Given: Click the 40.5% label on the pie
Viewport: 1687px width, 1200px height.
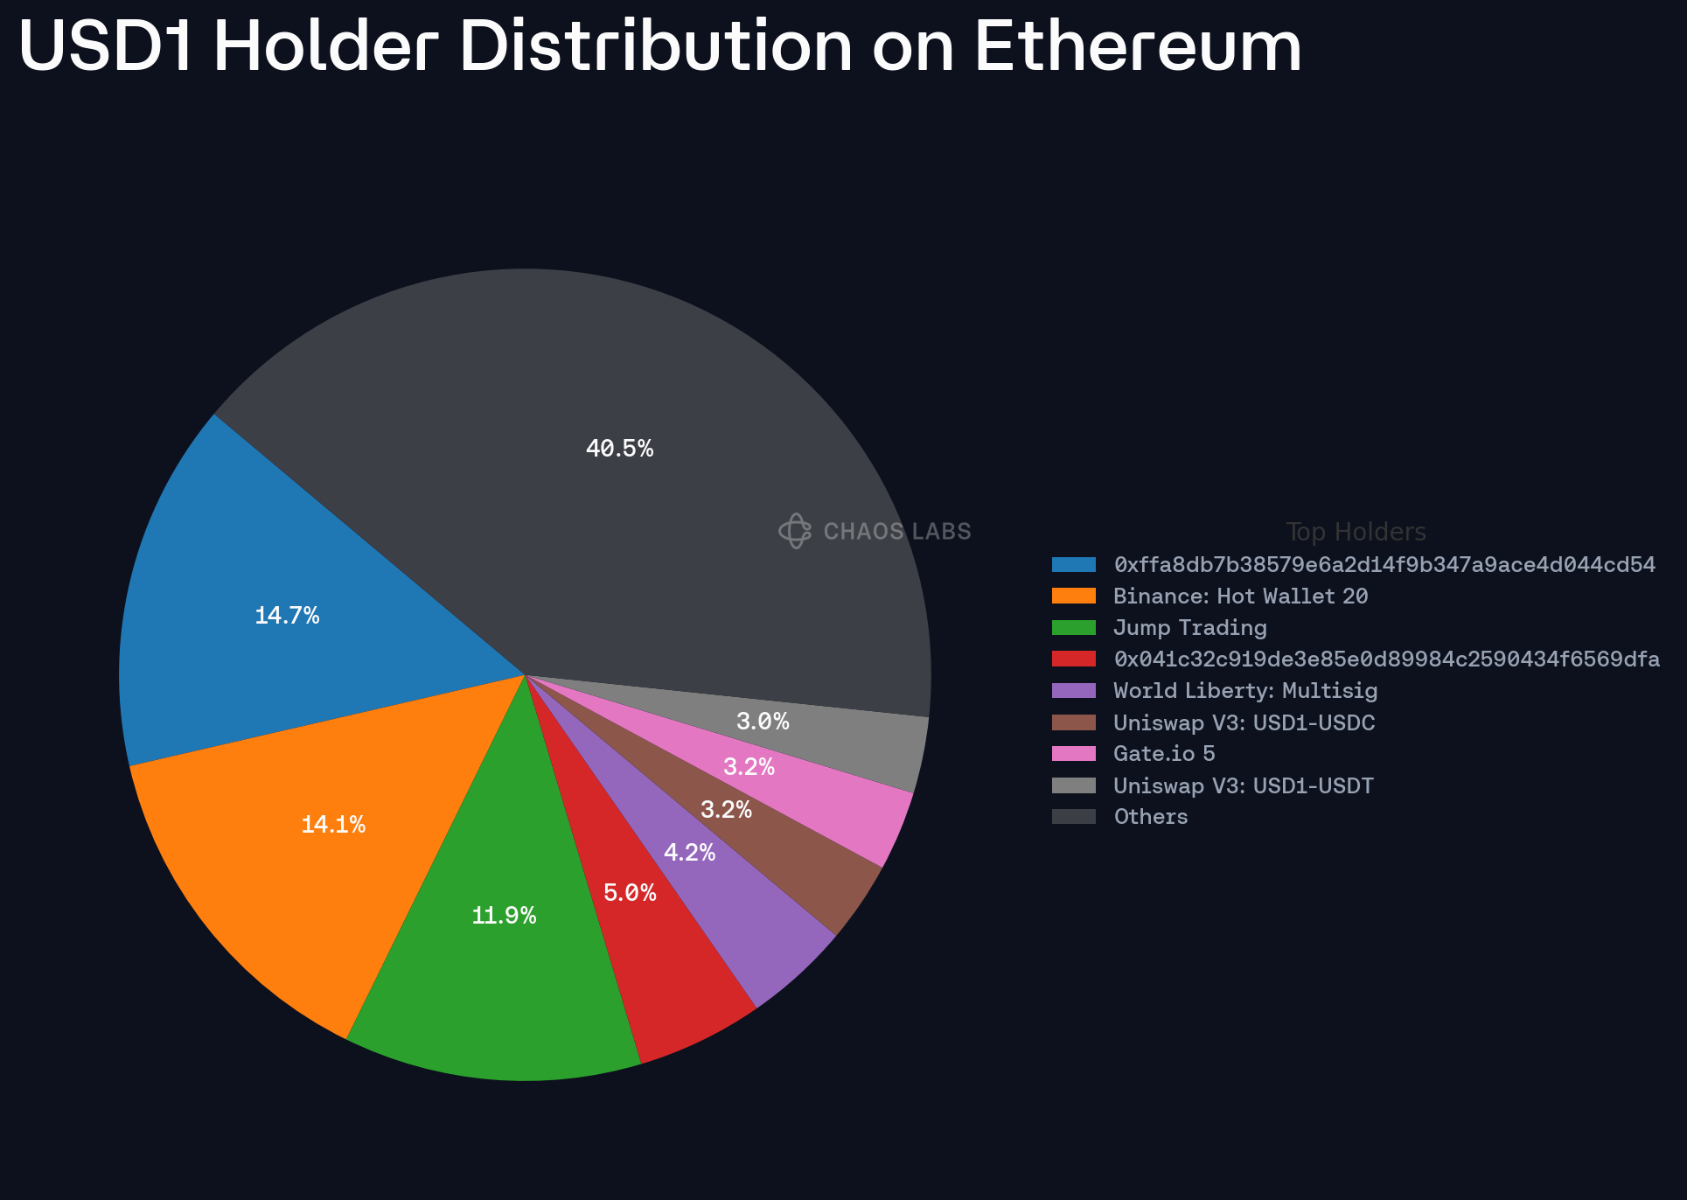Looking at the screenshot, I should pyautogui.click(x=619, y=449).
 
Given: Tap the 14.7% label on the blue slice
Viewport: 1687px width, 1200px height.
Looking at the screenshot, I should pyautogui.click(x=287, y=616).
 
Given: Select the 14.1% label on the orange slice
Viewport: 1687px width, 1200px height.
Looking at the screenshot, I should pyautogui.click(x=333, y=824).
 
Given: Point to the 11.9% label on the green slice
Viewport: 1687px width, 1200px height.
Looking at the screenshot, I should pyautogui.click(x=504, y=916).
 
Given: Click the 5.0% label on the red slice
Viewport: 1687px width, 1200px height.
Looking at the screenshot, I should pyautogui.click(x=630, y=893).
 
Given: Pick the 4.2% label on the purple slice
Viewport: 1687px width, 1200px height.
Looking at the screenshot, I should pyautogui.click(x=689, y=853).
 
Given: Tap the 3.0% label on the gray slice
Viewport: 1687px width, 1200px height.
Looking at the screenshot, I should pyautogui.click(x=763, y=722).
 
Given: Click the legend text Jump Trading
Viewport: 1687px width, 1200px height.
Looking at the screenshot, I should pyautogui.click(x=1189, y=628).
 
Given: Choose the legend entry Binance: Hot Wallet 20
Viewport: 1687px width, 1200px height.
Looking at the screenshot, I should pyautogui.click(x=1240, y=597).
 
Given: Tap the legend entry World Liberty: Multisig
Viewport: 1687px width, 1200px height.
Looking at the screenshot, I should pyautogui.click(x=1245, y=691).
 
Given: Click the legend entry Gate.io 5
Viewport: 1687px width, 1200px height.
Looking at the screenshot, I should pyautogui.click(x=1164, y=754).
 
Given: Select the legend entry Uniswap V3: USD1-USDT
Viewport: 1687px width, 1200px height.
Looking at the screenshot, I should pyautogui.click(x=1243, y=785).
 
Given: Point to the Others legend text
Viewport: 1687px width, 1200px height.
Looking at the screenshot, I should pyautogui.click(x=1150, y=817).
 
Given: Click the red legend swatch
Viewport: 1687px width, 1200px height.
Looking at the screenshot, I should pyautogui.click(x=1074, y=659).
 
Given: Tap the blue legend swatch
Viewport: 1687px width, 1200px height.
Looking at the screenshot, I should pyautogui.click(x=1074, y=564).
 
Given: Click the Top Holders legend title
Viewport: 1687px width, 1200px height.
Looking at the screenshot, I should pyautogui.click(x=1356, y=532).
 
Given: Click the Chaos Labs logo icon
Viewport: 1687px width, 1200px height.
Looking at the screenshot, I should pyautogui.click(x=795, y=531).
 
